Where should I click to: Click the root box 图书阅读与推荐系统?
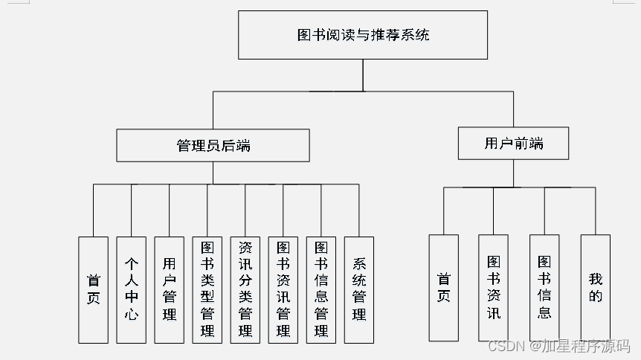coord(363,35)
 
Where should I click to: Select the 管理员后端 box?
coord(213,145)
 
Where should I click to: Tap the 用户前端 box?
coord(513,143)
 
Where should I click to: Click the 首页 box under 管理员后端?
coord(93,289)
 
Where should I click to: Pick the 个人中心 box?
coord(131,289)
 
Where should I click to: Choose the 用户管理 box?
coord(170,289)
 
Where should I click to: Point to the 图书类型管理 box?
coord(207,289)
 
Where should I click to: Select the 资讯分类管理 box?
coord(245,289)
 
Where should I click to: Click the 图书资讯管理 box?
coord(283,289)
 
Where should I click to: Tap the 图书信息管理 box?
coord(321,289)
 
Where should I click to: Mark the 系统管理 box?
coord(359,289)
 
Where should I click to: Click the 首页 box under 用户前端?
coord(443,288)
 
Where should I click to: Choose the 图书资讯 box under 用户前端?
coord(494,288)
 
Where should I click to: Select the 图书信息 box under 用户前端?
coord(544,288)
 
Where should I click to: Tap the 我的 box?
coord(596,288)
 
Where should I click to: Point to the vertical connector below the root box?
coord(363,75)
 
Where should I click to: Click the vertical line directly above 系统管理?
coord(359,210)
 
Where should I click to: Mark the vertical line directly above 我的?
coord(596,211)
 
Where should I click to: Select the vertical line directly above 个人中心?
coord(131,210)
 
